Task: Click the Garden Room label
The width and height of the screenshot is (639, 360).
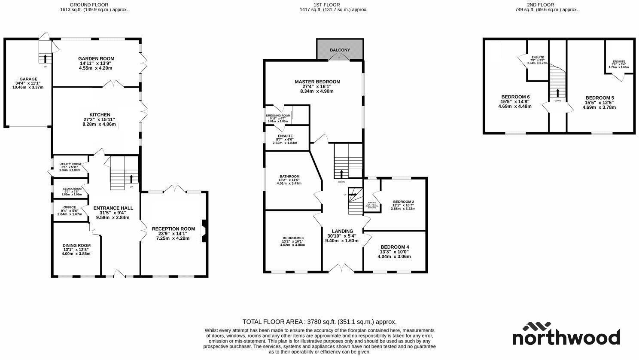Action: point(96,59)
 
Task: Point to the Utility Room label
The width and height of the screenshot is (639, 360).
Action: point(70,164)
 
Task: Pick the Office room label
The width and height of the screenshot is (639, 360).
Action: point(70,207)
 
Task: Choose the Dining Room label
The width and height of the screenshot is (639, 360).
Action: point(76,246)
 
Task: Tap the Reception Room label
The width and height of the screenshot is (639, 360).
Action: point(173,229)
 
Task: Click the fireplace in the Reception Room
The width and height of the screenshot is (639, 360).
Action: point(204,231)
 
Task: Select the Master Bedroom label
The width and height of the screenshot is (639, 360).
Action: point(317,82)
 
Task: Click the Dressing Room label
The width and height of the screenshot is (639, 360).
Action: point(278,116)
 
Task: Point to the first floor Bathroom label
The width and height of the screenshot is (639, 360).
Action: point(289,177)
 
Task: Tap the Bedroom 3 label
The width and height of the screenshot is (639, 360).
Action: point(293,238)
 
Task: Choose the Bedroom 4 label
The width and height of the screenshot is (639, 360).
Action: point(395,247)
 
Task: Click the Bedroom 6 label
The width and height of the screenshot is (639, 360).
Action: point(515,97)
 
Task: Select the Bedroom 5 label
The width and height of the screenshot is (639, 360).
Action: point(599,98)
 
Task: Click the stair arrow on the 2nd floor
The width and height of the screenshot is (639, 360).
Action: point(558,93)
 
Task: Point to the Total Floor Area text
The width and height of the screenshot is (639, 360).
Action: point(319,322)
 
